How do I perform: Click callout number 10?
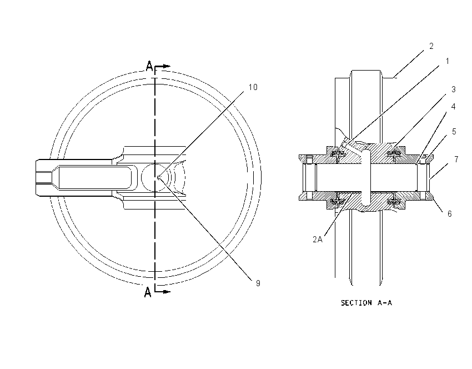[x=253, y=87]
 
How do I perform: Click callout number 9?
[x=258, y=283]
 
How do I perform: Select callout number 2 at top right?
[x=431, y=46]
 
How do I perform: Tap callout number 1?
[x=448, y=61]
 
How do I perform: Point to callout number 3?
[x=453, y=89]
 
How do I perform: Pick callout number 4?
[x=453, y=107]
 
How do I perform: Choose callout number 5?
[x=454, y=132]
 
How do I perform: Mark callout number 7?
[x=456, y=159]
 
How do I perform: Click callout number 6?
[x=449, y=214]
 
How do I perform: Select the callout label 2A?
[x=318, y=240]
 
